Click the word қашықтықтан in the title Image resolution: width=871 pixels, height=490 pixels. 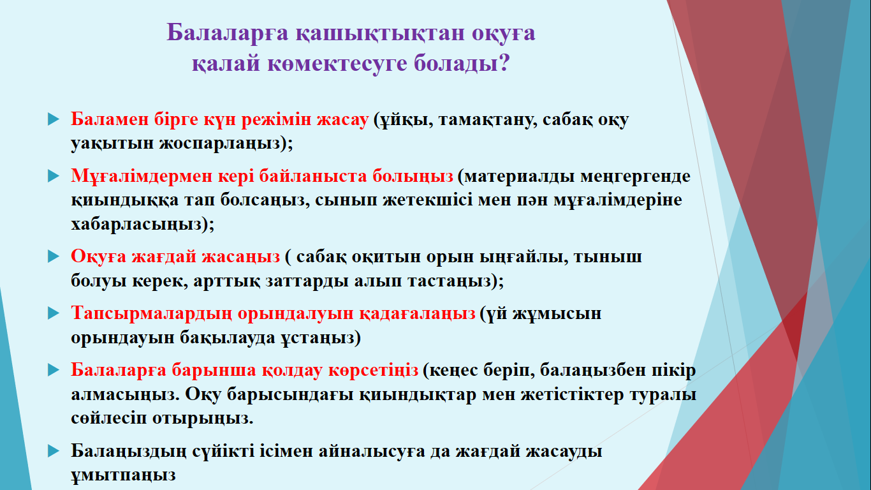pyautogui.click(x=380, y=33)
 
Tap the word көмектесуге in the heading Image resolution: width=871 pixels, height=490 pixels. pyautogui.click(x=337, y=63)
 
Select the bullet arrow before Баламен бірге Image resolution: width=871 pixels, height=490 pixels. pyautogui.click(x=54, y=119)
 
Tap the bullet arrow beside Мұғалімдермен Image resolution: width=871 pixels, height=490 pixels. pyautogui.click(x=54, y=176)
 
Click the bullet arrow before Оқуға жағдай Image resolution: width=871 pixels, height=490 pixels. pyautogui.click(x=54, y=256)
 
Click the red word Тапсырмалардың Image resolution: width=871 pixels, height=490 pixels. pyautogui.click(x=152, y=314)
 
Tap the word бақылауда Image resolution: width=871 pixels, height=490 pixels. pyautogui.click(x=228, y=338)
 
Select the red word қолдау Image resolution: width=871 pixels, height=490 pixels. pyautogui.click(x=292, y=371)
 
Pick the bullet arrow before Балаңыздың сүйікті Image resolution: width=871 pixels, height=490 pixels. pyautogui.click(x=54, y=452)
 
